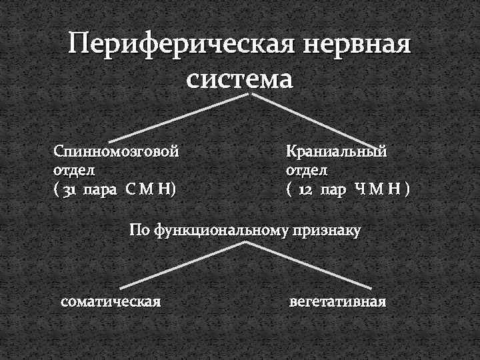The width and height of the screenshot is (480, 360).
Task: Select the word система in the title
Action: click(x=239, y=78)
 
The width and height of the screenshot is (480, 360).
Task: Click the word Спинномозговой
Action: click(x=117, y=151)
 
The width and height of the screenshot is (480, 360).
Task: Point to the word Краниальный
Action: click(x=336, y=151)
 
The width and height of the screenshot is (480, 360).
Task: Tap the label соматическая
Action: click(x=111, y=301)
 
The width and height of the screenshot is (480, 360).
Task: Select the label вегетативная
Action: click(x=338, y=301)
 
